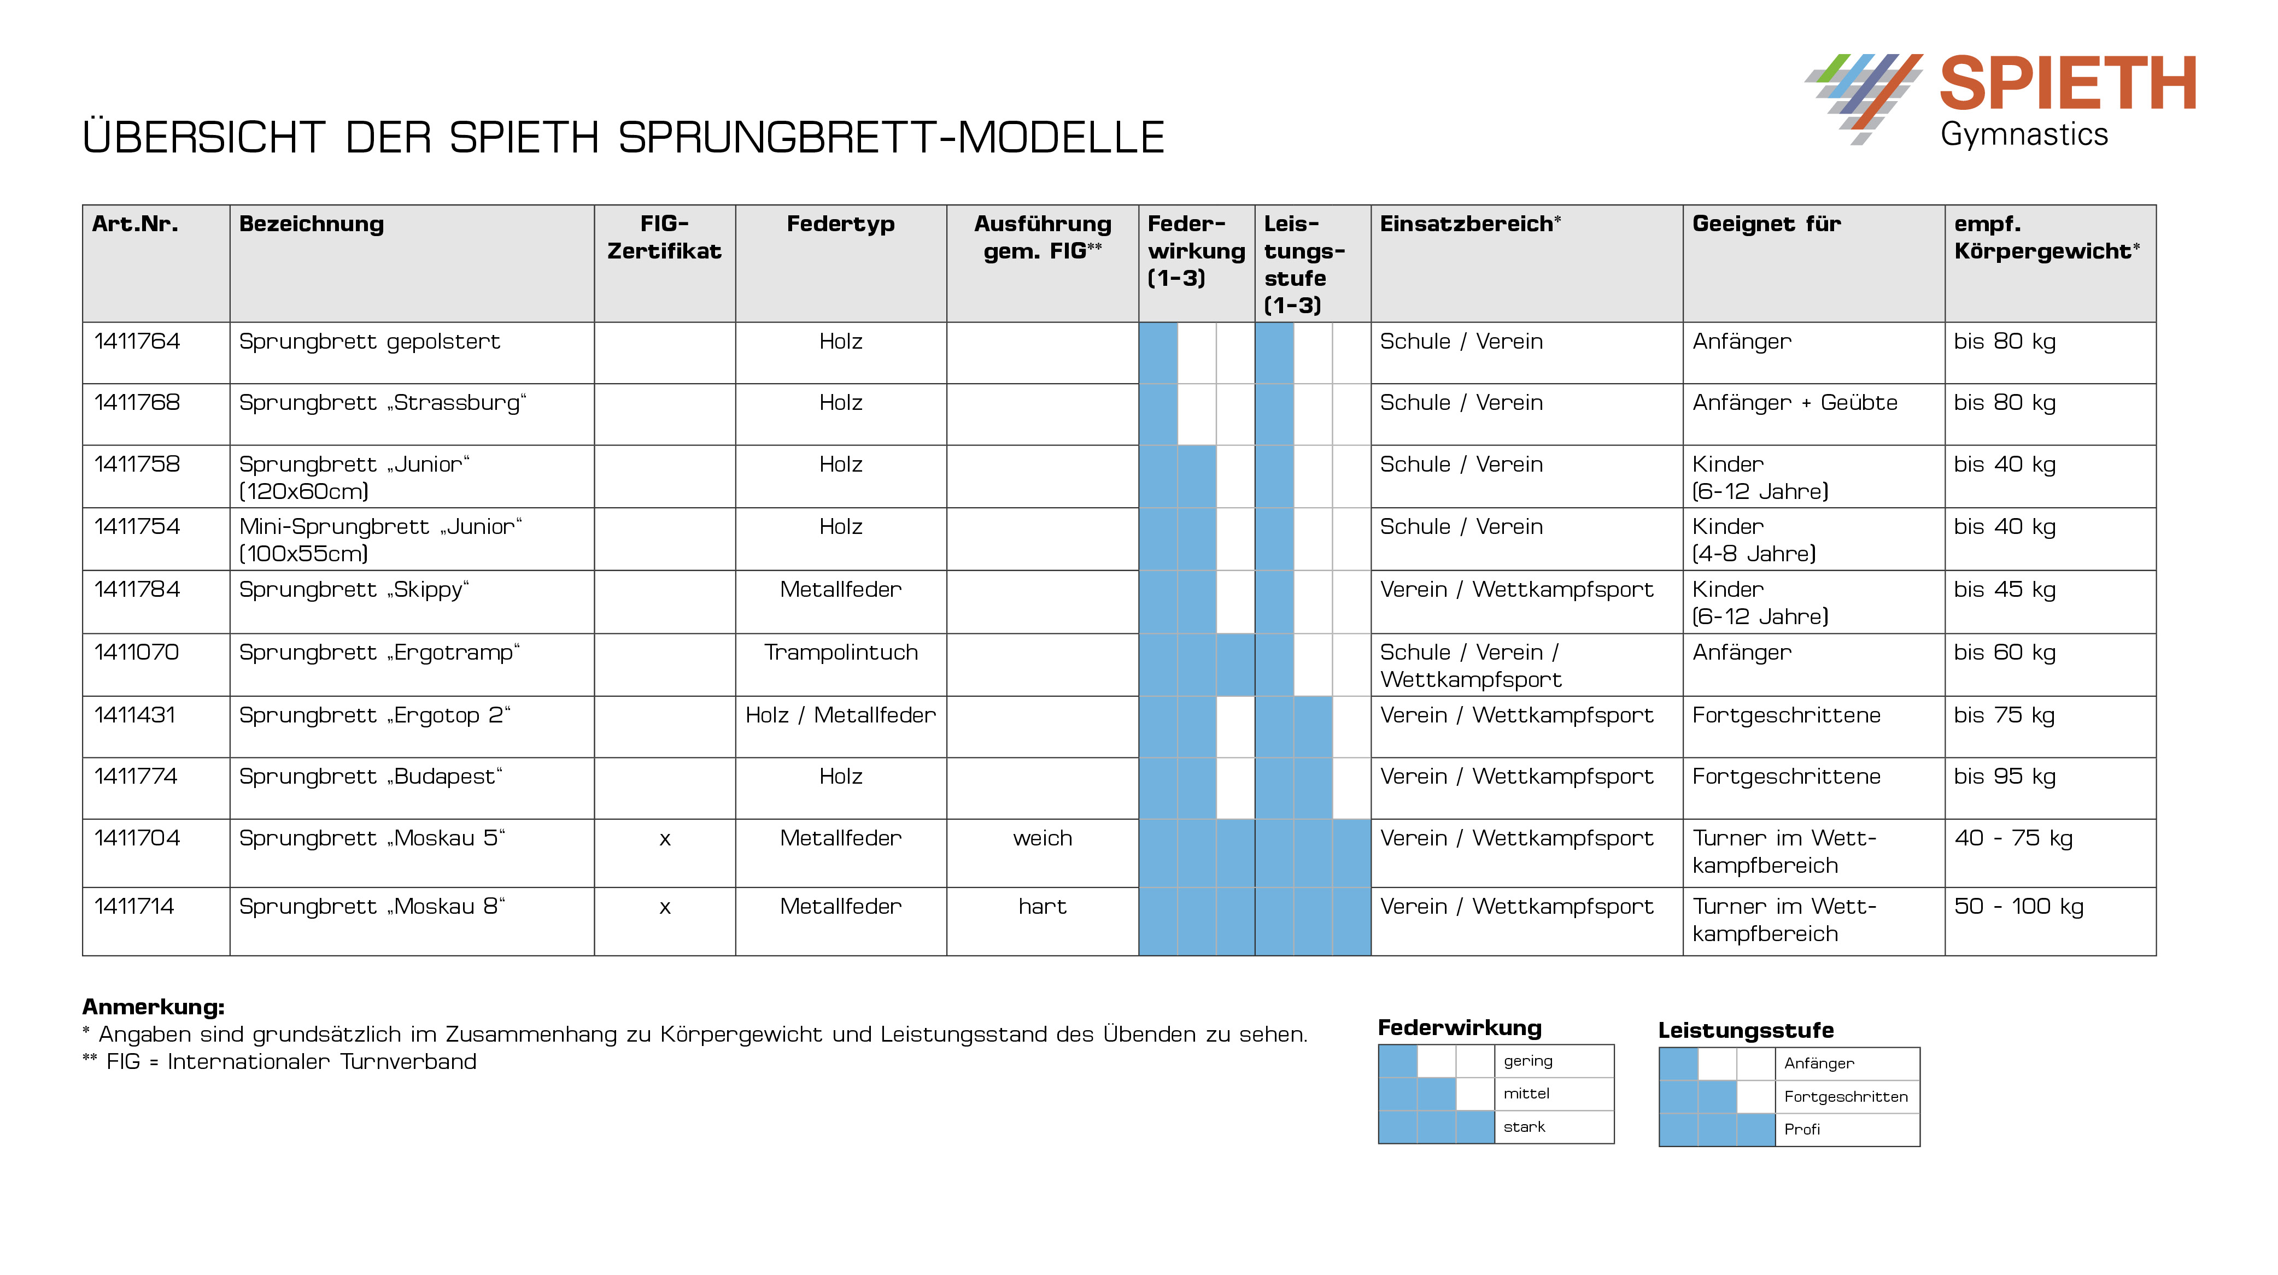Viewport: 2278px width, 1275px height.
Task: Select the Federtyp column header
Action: (840, 224)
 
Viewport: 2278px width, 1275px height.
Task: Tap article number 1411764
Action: (137, 342)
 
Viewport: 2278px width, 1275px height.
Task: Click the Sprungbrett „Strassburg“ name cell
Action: (382, 403)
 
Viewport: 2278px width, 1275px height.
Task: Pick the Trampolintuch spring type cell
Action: (840, 653)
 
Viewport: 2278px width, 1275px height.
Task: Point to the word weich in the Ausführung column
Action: (1042, 838)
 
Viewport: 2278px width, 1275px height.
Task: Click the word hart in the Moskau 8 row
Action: (1042, 906)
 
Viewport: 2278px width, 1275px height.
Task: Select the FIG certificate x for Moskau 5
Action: (664, 839)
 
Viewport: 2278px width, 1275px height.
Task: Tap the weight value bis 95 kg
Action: (2004, 777)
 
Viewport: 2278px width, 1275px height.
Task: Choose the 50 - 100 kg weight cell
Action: (2018, 906)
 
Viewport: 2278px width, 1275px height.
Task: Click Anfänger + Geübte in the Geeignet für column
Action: (1794, 403)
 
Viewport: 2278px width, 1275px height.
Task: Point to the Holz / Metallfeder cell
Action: (840, 715)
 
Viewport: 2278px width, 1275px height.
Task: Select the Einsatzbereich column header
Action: (1469, 224)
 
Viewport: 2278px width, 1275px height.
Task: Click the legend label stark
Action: (1524, 1126)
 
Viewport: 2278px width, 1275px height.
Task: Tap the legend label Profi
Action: (1801, 1129)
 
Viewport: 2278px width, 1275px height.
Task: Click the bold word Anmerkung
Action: (153, 1007)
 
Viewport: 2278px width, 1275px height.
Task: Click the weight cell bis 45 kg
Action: (2004, 590)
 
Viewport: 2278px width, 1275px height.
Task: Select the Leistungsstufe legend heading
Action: (1745, 1030)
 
